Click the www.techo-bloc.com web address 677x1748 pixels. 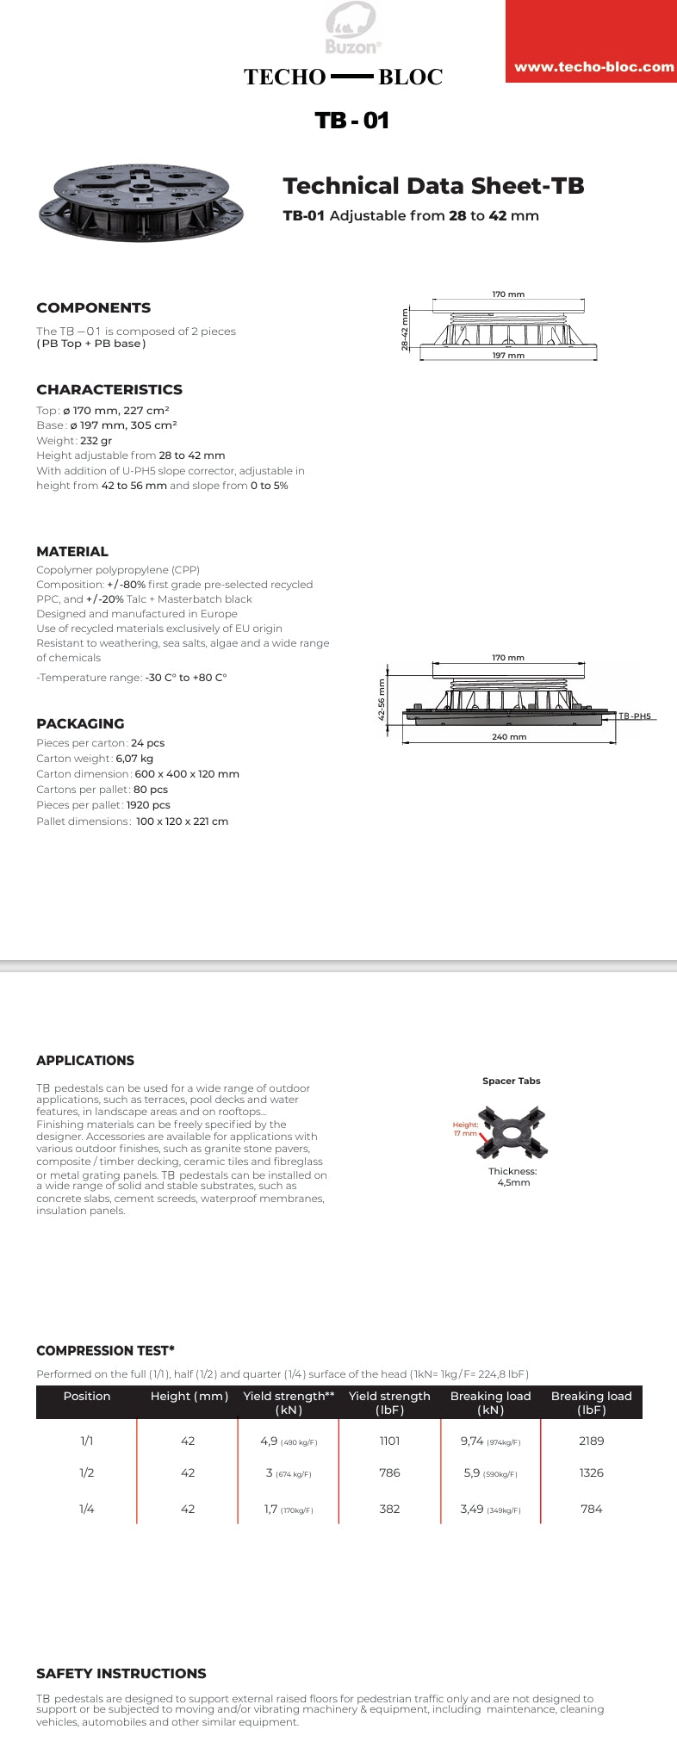(593, 67)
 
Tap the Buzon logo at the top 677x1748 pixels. (352, 29)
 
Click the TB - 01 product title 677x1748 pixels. (351, 120)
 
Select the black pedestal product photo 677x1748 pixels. (141, 202)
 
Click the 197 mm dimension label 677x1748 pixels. (508, 356)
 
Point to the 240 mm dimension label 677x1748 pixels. (508, 737)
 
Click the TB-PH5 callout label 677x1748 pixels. (635, 716)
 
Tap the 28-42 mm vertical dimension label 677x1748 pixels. (405, 329)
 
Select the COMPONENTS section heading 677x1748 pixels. (93, 308)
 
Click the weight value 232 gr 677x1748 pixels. (96, 441)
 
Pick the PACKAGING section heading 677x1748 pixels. (80, 724)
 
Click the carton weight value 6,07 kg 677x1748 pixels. (134, 759)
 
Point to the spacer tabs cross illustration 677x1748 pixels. (513, 1131)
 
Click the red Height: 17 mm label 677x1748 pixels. (465, 1129)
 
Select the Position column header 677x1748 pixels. (87, 1396)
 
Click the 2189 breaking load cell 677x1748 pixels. (591, 1441)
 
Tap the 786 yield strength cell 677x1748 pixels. (389, 1472)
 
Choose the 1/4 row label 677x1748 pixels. (87, 1509)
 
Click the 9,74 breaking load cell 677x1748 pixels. (473, 1441)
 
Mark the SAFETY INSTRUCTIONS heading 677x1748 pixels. (121, 1673)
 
